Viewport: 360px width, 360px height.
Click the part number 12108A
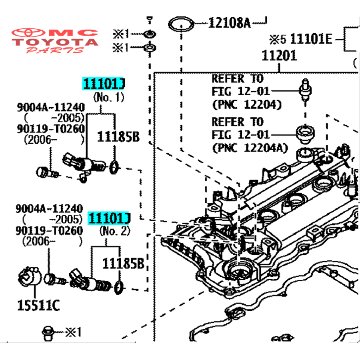[x=229, y=23]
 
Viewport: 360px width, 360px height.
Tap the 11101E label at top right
[x=311, y=40]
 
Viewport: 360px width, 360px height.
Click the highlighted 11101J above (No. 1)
[x=104, y=84]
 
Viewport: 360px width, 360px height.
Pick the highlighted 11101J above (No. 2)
[x=109, y=218]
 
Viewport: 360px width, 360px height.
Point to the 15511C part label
[x=38, y=306]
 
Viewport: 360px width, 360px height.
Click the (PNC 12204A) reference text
[x=250, y=148]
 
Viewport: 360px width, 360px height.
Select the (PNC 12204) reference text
[x=247, y=105]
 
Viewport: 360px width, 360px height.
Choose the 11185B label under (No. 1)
[x=118, y=137]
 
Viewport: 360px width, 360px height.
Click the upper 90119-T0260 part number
[x=50, y=129]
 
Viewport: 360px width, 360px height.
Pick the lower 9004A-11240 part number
[x=49, y=209]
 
